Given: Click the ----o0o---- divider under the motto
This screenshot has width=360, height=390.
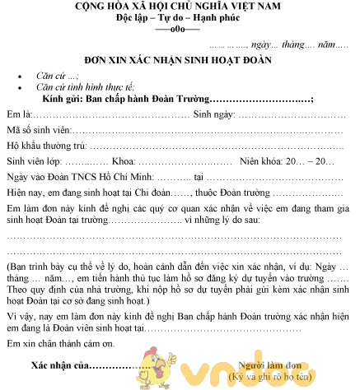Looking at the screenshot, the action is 179,31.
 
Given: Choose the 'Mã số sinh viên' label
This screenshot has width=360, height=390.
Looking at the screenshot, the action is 39,130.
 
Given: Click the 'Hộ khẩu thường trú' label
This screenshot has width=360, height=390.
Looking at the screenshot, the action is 47,146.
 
